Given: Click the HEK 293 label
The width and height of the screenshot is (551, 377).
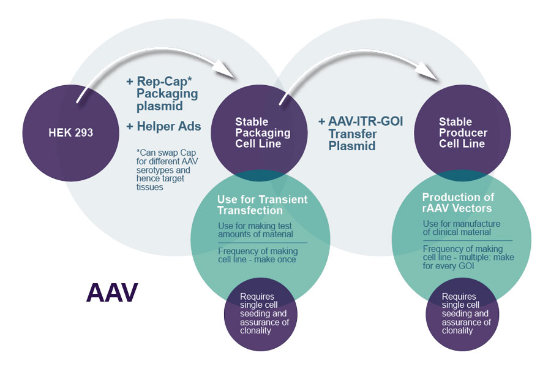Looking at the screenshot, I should click(71, 132).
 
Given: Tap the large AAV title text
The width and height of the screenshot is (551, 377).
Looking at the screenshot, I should click(112, 292).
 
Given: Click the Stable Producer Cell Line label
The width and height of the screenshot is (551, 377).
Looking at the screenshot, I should click(463, 133).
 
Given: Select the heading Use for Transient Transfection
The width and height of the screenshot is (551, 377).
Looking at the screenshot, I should click(262, 205).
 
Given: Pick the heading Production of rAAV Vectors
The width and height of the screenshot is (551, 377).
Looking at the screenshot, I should click(458, 202).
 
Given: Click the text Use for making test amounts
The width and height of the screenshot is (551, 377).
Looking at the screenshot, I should click(255, 230).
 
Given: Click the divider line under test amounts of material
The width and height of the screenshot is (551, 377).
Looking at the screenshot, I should click(263, 243).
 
